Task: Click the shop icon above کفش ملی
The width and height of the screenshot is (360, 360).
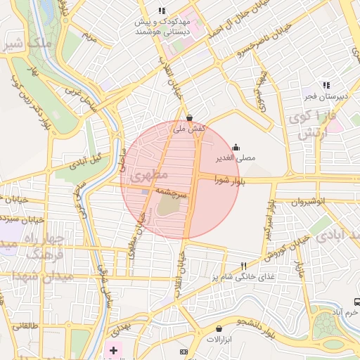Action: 189,117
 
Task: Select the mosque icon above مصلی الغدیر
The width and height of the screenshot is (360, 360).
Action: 236,147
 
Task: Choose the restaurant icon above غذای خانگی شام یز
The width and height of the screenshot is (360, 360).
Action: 244,266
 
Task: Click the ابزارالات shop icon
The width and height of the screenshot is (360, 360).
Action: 219,328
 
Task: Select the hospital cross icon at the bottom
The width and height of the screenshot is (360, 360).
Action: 113,349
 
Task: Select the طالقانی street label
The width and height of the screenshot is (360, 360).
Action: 25,326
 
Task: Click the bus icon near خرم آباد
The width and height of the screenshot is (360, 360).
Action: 357,302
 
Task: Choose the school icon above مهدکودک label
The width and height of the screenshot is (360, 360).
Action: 162,11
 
